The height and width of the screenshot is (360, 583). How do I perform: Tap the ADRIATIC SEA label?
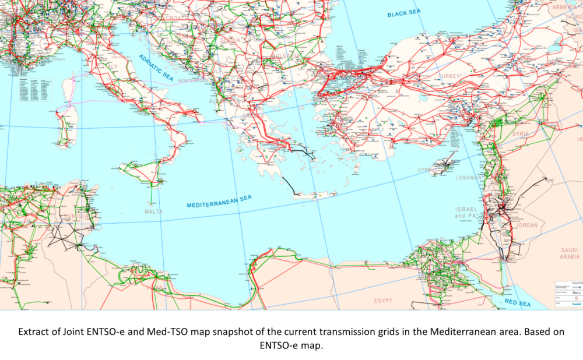click(156, 67)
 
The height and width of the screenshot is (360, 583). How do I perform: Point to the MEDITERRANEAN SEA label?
click(219, 202)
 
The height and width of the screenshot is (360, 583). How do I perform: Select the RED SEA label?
click(518, 303)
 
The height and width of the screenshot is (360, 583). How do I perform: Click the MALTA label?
click(154, 211)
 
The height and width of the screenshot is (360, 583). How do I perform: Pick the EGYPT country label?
click(383, 301)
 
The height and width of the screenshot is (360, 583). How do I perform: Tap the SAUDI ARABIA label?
click(570, 253)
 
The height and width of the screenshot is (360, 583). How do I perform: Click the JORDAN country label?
click(527, 225)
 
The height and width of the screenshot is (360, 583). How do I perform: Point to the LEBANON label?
click(469, 177)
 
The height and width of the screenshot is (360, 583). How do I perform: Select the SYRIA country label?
click(521, 134)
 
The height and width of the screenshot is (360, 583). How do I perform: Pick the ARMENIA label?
click(564, 7)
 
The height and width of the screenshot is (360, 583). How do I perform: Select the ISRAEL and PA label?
click(466, 212)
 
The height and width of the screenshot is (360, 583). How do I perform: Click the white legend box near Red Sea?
click(568, 294)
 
